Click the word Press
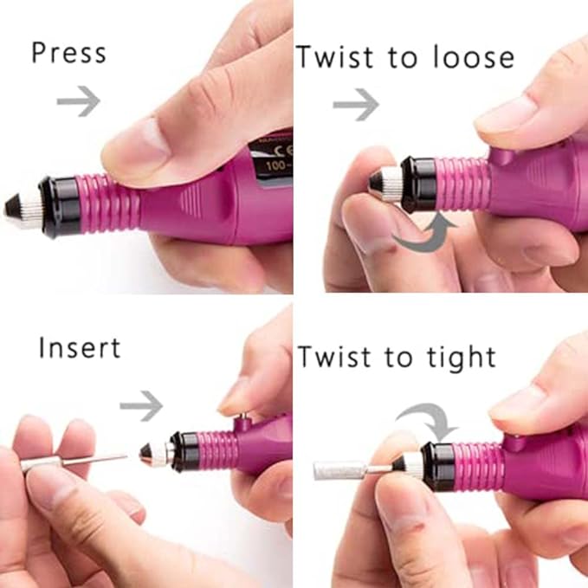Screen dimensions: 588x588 coord(68,53)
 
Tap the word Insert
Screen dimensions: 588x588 coord(80,349)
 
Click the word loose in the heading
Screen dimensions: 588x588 coord(467,57)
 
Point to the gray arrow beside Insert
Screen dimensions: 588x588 coord(141,403)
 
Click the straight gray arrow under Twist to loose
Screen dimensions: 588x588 coord(356,106)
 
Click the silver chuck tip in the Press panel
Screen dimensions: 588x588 coord(24,207)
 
